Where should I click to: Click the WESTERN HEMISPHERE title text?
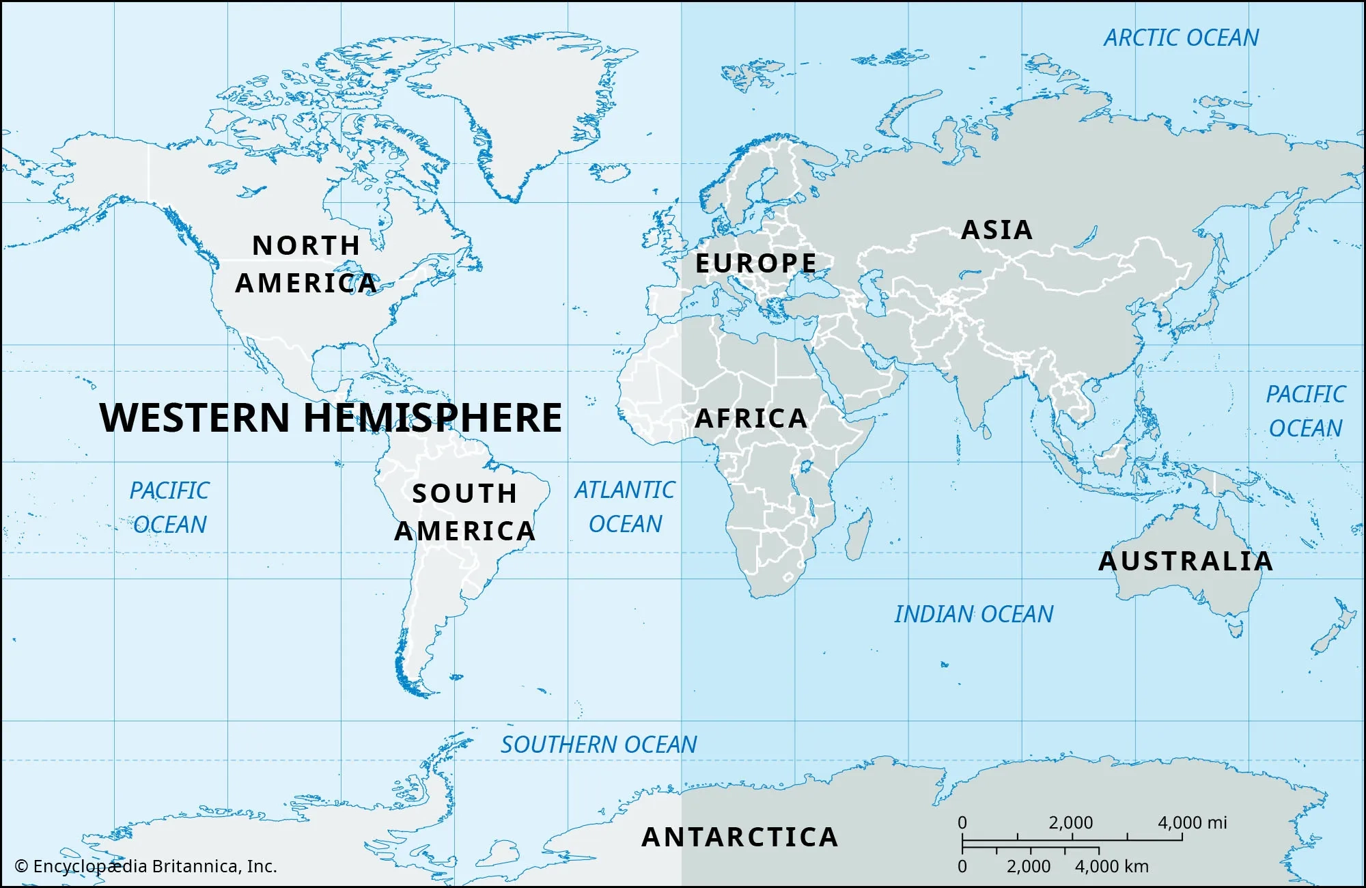pyautogui.click(x=331, y=417)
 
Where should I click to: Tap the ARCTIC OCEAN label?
pyautogui.click(x=1181, y=38)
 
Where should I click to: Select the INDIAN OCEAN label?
pyautogui.click(x=973, y=614)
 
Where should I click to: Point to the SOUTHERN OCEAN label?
pyautogui.click(x=598, y=745)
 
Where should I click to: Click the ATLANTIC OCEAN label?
pyautogui.click(x=624, y=507)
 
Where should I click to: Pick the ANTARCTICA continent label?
pyautogui.click(x=740, y=837)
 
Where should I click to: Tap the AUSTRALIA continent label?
pyautogui.click(x=1186, y=561)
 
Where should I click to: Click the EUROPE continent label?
pyautogui.click(x=755, y=263)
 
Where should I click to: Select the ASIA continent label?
pyautogui.click(x=996, y=230)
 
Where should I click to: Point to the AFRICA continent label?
pyautogui.click(x=751, y=418)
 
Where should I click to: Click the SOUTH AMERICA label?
pyautogui.click(x=464, y=512)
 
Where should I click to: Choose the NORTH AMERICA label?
pyautogui.click(x=306, y=264)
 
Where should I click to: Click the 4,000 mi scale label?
pyautogui.click(x=1192, y=822)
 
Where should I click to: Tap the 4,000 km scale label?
pyautogui.click(x=1112, y=866)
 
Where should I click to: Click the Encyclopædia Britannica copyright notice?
pyautogui.click(x=145, y=866)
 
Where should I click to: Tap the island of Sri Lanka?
pyautogui.click(x=985, y=432)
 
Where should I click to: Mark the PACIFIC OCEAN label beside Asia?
pyautogui.click(x=1305, y=411)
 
